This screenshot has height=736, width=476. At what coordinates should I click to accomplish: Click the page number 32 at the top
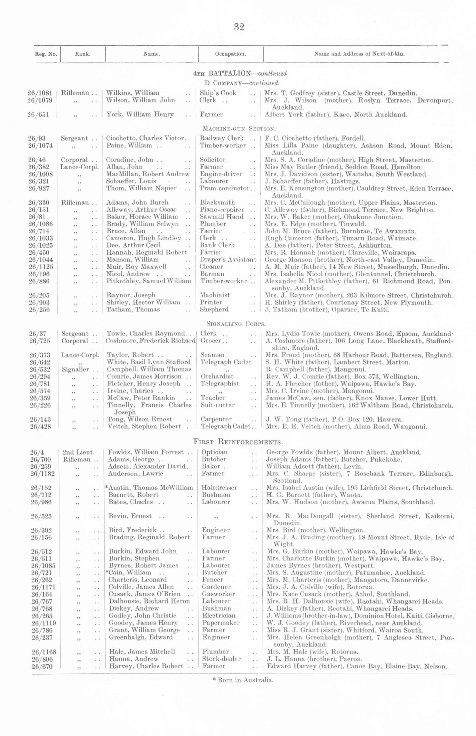click(239, 27)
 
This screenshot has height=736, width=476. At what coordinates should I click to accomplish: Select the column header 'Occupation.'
click(230, 54)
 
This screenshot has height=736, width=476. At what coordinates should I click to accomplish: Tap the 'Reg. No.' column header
click(46, 54)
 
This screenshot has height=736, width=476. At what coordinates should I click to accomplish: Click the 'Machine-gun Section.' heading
click(239, 129)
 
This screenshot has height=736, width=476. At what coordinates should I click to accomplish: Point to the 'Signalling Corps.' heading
click(236, 323)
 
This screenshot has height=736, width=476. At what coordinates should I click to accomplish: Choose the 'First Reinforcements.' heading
click(238, 442)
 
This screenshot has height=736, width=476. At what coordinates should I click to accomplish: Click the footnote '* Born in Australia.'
click(243, 680)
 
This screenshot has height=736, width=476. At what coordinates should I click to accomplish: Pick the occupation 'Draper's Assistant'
click(228, 259)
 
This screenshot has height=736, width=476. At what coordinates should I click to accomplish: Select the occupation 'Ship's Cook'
click(218, 93)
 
